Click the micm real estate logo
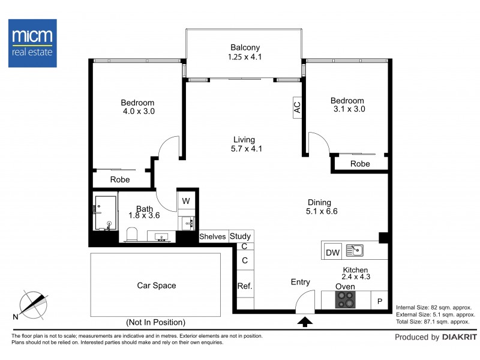(32, 43)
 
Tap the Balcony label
(245, 47)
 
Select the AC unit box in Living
(297, 107)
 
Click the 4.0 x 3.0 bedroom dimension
(139, 111)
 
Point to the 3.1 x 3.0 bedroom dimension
(349, 109)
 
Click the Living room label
(244, 140)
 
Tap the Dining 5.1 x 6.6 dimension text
(322, 211)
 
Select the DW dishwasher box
(333, 252)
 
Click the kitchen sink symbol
(355, 250)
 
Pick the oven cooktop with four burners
(346, 299)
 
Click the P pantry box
(380, 301)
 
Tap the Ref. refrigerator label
(245, 286)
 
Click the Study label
(241, 236)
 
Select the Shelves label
(212, 236)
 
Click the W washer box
(186, 200)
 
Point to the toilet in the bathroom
(132, 235)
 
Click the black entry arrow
(305, 322)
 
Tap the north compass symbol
(33, 305)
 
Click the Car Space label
(157, 286)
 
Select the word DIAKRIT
(460, 337)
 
